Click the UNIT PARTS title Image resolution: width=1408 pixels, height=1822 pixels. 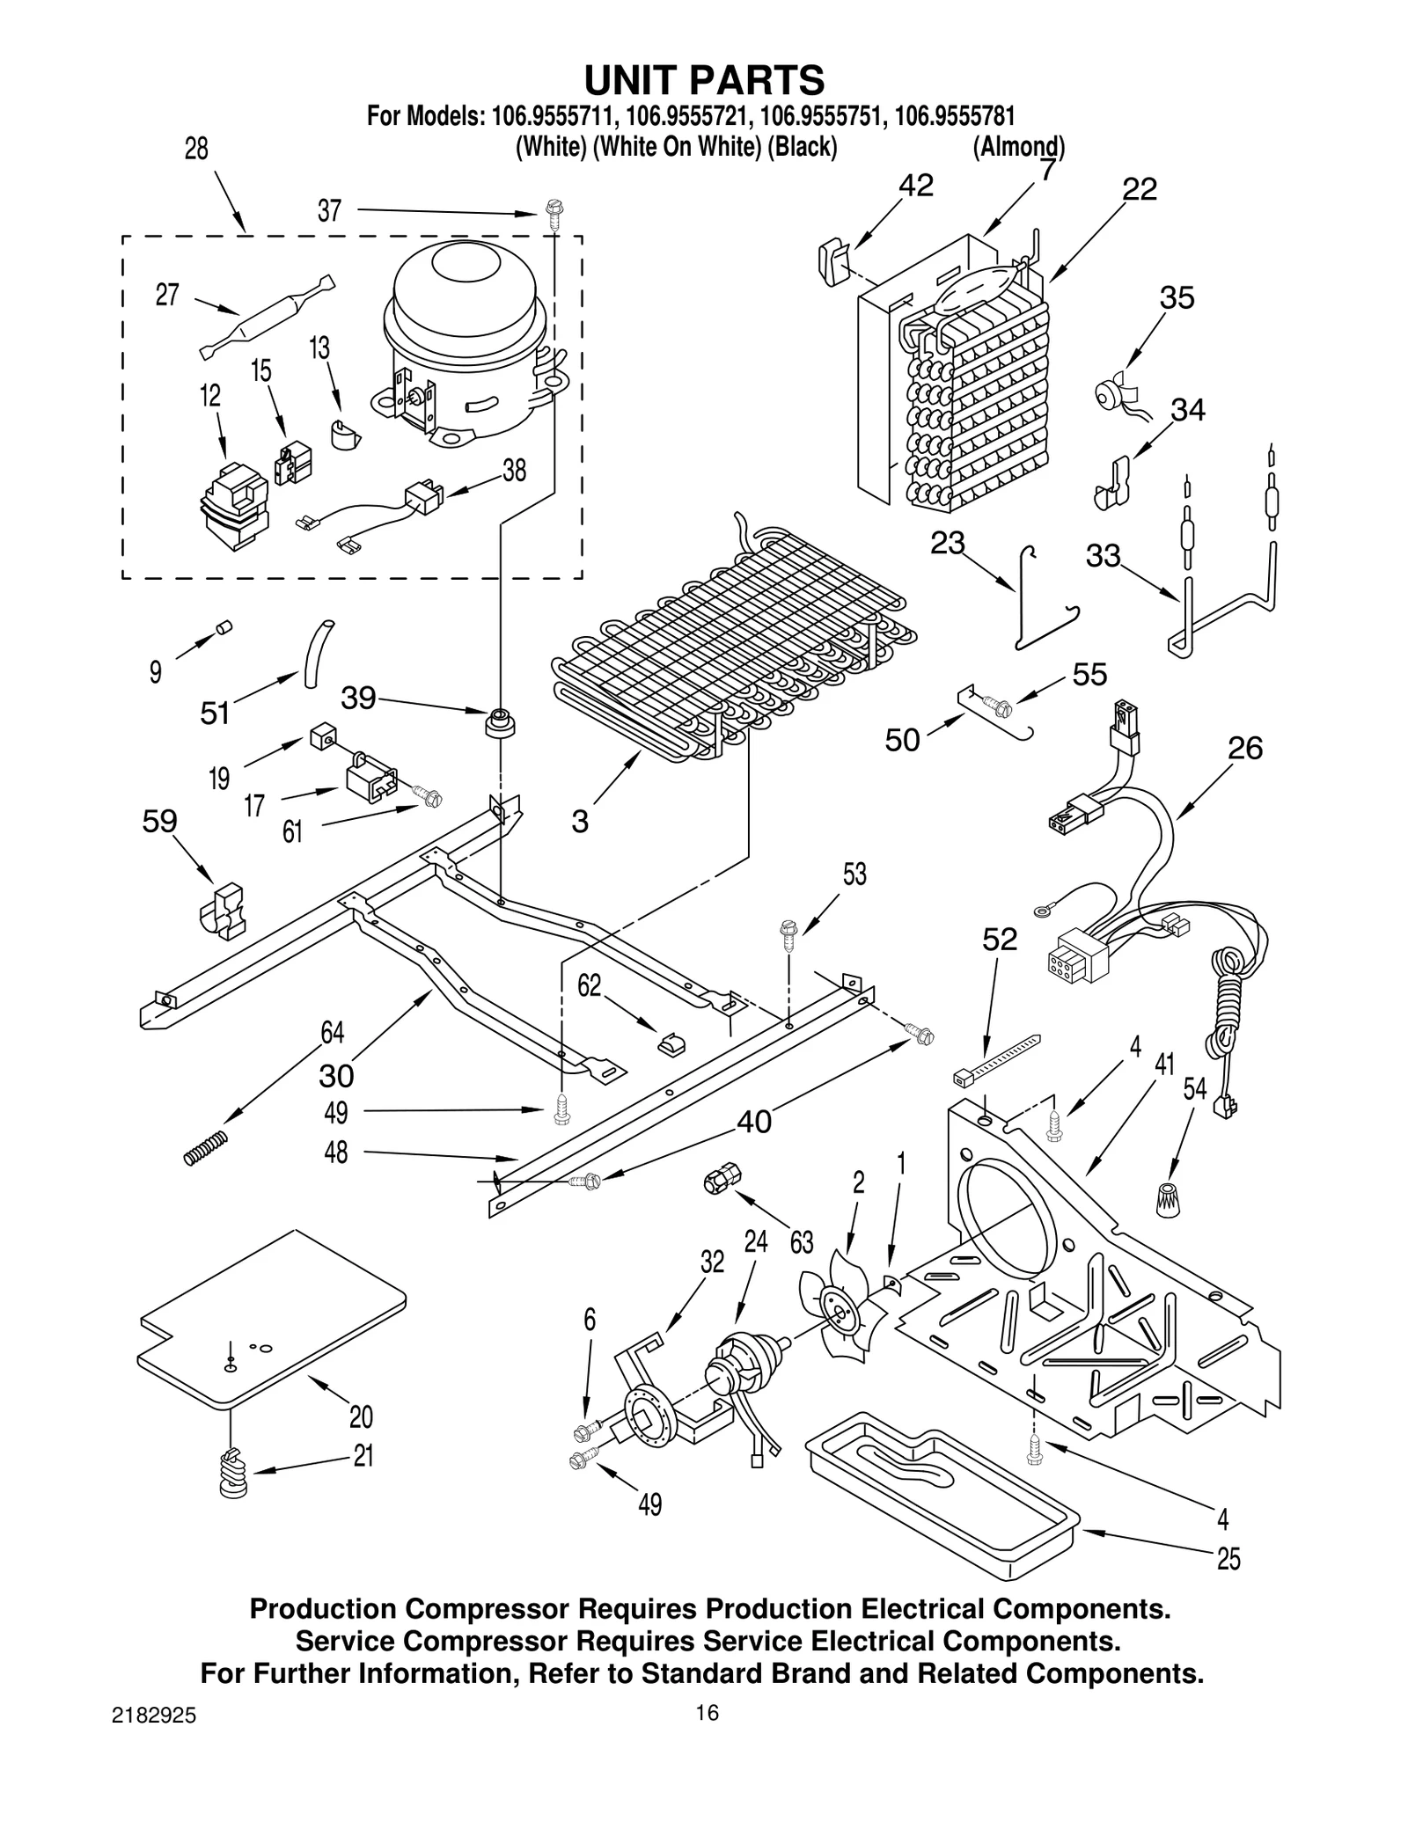coord(704,80)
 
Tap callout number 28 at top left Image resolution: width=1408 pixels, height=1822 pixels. coord(196,149)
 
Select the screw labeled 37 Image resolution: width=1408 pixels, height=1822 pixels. coord(553,214)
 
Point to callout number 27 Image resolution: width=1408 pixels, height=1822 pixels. coord(167,295)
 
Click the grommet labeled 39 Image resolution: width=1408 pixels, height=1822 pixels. coord(500,723)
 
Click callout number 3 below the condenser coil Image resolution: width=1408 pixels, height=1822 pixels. coord(579,822)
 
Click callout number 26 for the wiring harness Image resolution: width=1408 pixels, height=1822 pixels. coord(1244,748)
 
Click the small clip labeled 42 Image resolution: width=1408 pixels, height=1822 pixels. coord(832,262)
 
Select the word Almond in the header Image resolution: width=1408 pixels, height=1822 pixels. coord(1018,146)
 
